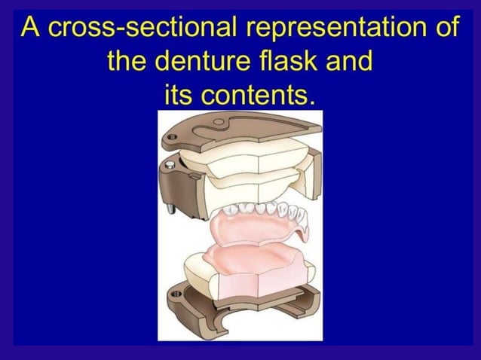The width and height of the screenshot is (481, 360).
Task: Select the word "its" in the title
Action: pos(182,94)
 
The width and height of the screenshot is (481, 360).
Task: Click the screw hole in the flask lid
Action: pos(173,138)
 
